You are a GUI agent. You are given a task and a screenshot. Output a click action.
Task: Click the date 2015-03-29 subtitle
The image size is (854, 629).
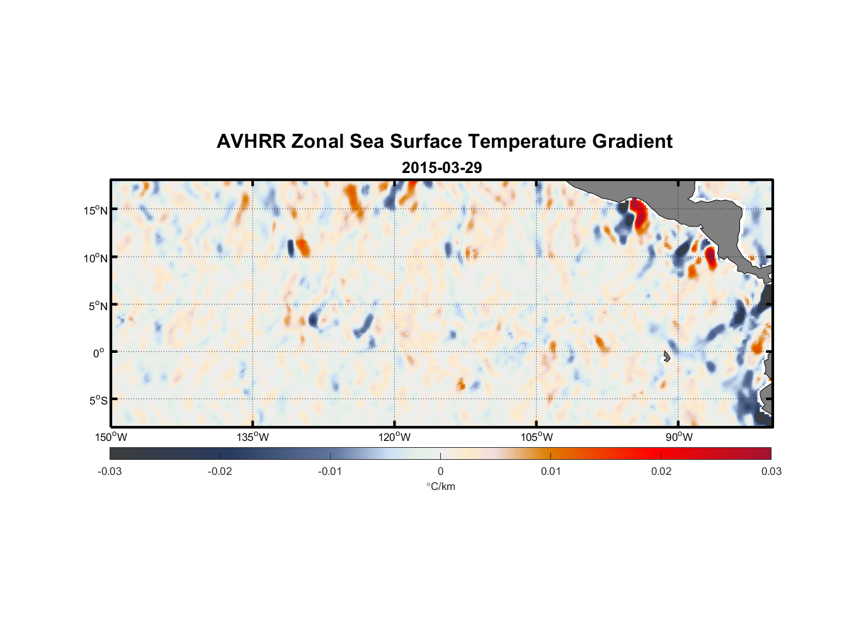[441, 168]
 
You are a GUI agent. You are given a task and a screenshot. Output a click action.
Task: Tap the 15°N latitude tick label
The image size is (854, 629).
[96, 210]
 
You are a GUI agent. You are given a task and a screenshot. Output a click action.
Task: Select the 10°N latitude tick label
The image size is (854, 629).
[96, 258]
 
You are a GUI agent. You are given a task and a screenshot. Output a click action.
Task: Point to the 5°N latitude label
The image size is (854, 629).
[98, 306]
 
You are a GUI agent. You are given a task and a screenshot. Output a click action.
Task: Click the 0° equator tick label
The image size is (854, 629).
[98, 353]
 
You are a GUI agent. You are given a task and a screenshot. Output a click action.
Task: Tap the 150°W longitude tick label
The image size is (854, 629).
[111, 437]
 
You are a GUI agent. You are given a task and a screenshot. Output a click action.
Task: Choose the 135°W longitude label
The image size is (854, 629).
[253, 437]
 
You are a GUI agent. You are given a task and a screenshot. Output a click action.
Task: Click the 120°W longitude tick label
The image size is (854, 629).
[394, 437]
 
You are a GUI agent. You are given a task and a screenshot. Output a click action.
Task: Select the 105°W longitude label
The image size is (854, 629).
[537, 437]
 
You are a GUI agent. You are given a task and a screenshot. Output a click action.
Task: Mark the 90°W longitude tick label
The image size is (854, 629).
[679, 437]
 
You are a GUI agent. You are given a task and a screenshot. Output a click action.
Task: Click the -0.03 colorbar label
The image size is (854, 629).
[110, 471]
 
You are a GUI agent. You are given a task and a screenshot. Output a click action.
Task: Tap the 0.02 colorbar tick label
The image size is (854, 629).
[661, 471]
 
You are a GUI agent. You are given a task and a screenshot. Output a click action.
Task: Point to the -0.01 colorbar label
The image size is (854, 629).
[330, 471]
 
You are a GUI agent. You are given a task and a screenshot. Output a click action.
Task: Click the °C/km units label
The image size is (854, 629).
[440, 486]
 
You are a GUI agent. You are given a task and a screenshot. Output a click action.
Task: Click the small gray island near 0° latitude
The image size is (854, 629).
[666, 357]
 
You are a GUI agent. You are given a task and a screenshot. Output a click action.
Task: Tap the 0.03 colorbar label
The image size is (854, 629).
[771, 471]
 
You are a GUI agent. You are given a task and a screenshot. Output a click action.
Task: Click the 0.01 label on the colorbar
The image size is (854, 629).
[550, 471]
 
